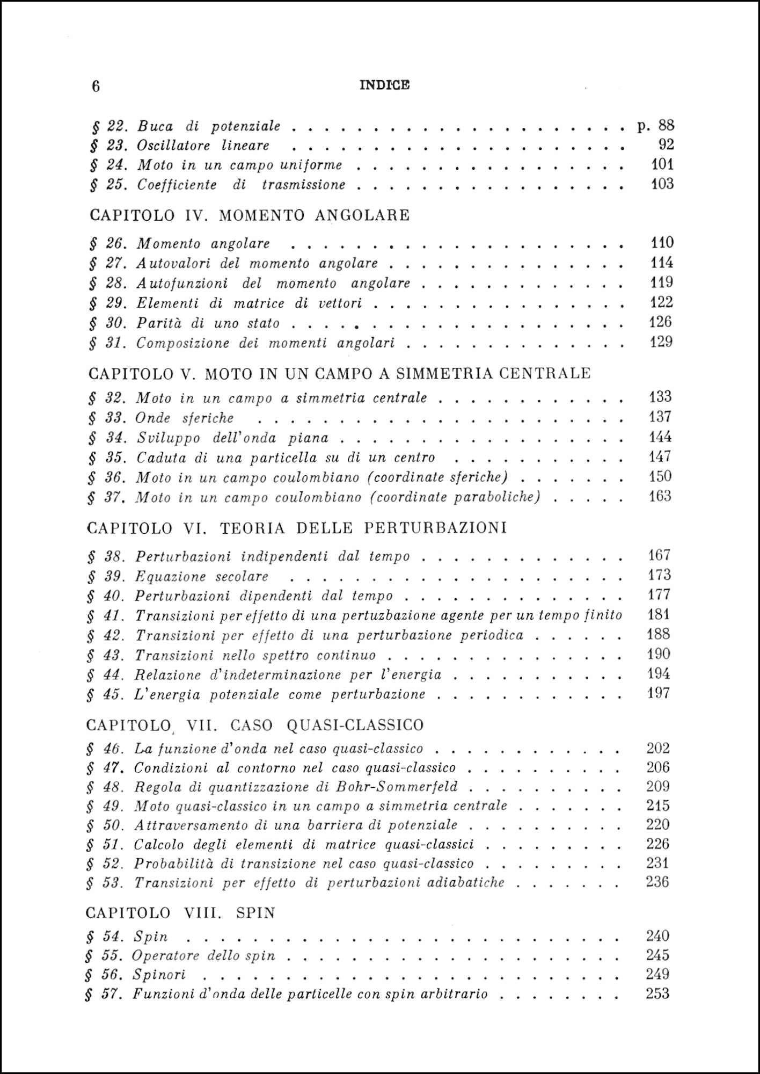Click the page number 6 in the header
click(x=96, y=86)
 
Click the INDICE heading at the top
click(x=384, y=85)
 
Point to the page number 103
click(x=662, y=184)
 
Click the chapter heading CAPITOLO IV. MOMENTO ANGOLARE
click(x=250, y=215)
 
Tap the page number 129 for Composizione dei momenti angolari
click(x=661, y=342)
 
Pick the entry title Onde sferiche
click(x=184, y=418)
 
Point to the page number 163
click(x=660, y=496)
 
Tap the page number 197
click(x=659, y=693)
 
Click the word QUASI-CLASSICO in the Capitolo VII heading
click(x=355, y=725)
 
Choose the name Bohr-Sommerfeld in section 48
click(x=397, y=787)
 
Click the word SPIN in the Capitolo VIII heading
click(x=255, y=913)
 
